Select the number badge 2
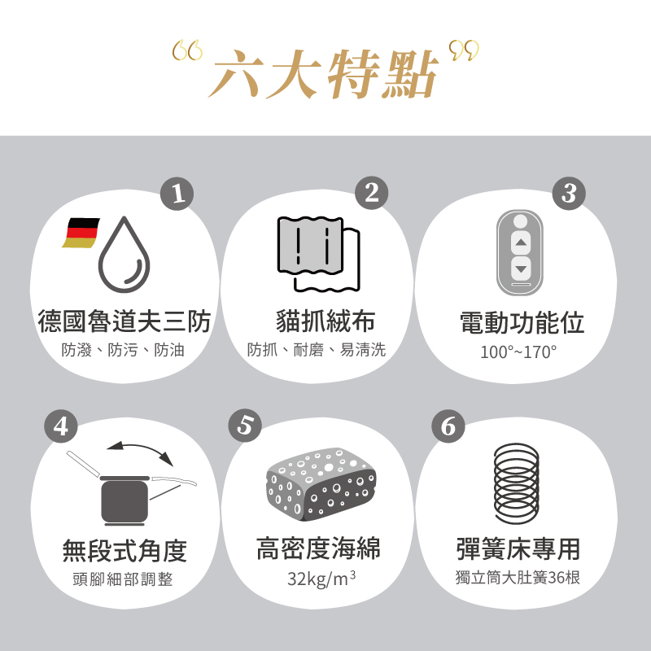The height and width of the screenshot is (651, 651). click(x=372, y=193)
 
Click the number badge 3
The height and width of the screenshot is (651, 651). click(x=568, y=193)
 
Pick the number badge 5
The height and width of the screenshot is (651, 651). click(x=246, y=426)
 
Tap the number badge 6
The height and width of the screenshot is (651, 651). click(x=447, y=426)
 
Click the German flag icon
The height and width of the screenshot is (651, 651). click(x=81, y=233)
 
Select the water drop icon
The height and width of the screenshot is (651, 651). click(x=125, y=256)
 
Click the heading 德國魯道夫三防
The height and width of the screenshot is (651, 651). click(x=125, y=321)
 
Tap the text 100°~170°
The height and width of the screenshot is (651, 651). click(x=518, y=352)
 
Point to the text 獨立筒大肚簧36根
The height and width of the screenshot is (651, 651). click(x=518, y=579)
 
